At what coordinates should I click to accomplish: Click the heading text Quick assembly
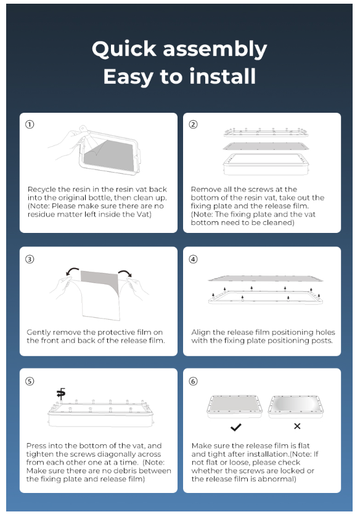[179, 49]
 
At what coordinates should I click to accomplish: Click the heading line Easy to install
[179, 76]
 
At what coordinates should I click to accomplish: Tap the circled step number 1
[30, 124]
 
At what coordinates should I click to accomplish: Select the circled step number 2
[193, 124]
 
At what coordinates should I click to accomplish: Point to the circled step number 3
[30, 259]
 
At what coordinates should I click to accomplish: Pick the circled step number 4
[193, 259]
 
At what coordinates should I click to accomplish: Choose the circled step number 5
[30, 381]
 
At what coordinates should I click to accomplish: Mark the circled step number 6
[193, 381]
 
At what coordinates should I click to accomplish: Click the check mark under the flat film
[235, 426]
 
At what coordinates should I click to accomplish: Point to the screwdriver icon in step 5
[60, 393]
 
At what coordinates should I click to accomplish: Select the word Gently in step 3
[40, 332]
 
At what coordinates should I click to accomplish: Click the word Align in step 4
[202, 332]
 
